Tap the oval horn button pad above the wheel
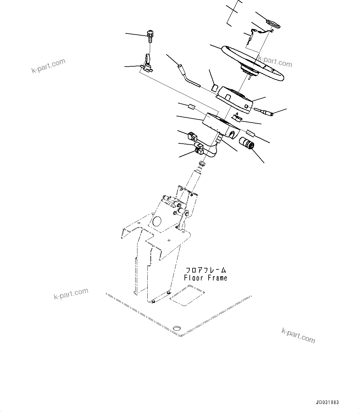[x=272, y=23]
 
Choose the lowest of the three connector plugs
[x=199, y=151]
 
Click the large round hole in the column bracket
[x=156, y=221]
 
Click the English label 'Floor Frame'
[x=206, y=278]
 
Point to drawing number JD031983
[x=327, y=403]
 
